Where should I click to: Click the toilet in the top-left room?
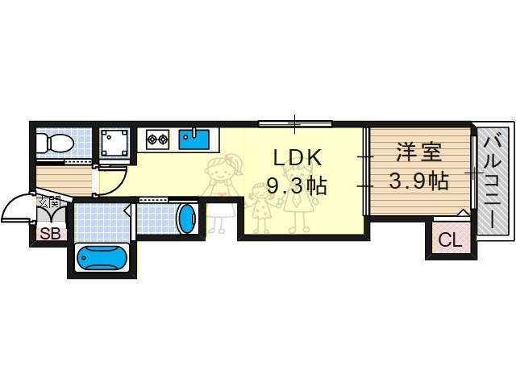click(55, 144)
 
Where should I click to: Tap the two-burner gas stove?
click(156, 140)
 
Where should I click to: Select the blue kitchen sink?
click(194, 140)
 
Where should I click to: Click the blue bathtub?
click(101, 258)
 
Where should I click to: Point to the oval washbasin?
click(186, 218)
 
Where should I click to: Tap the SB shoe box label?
click(49, 235)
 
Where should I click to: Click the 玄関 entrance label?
click(48, 200)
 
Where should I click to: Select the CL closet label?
click(448, 239)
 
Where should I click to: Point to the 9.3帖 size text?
click(296, 186)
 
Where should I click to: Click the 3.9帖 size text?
click(418, 181)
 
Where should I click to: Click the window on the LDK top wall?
click(294, 123)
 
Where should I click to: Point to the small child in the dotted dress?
click(260, 206)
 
